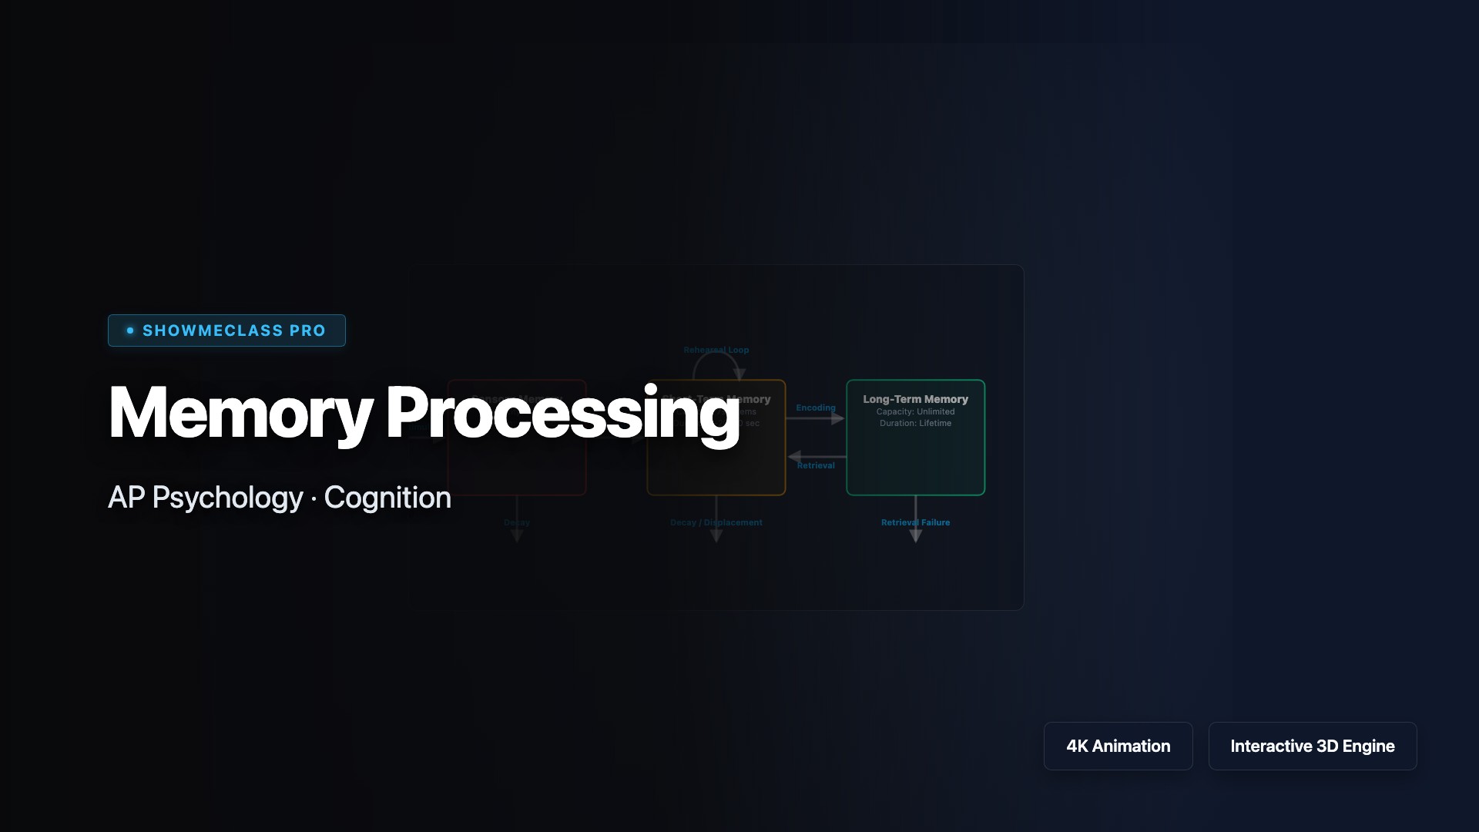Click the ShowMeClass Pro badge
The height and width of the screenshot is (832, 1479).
(x=226, y=330)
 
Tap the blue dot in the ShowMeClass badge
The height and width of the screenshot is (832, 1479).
(x=130, y=330)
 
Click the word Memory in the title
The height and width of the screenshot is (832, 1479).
(x=240, y=414)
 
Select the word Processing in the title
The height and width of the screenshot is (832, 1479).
(x=562, y=414)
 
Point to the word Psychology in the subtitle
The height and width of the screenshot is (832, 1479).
(x=227, y=498)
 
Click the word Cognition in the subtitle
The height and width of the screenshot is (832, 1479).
(x=387, y=498)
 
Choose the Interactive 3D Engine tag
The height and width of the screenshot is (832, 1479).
(x=1312, y=746)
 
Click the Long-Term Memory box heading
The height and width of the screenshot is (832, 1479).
(x=915, y=399)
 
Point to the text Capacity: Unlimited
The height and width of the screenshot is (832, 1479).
(x=915, y=411)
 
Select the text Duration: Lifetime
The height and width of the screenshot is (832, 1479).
(x=915, y=423)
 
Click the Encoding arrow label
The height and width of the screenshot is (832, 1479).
(x=816, y=408)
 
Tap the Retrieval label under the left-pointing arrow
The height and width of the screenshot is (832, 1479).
(x=816, y=465)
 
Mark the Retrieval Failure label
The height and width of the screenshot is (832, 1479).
(x=915, y=522)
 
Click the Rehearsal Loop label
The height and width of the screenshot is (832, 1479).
(x=716, y=350)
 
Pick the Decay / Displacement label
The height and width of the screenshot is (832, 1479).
(x=716, y=522)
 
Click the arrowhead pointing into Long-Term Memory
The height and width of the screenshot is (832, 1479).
(x=838, y=418)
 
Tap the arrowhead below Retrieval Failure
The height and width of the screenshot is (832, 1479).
(x=915, y=536)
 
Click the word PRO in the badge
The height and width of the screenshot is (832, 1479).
(x=307, y=330)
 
